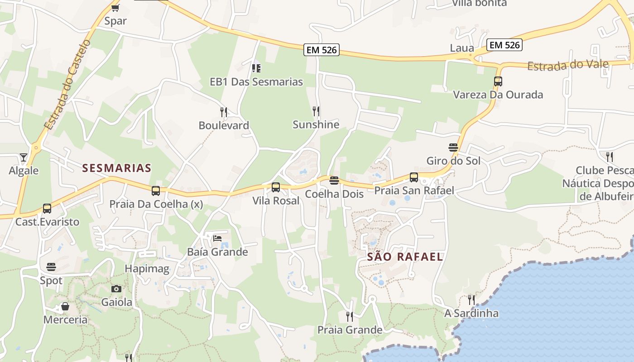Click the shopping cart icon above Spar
[x=115, y=8]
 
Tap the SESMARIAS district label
[x=117, y=168]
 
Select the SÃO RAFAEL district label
[x=405, y=257]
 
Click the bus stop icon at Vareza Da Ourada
[x=498, y=81]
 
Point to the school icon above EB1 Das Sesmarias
[x=256, y=68]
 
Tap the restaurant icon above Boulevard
[x=224, y=112]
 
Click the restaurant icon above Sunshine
[x=316, y=111]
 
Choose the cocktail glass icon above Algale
[x=24, y=157]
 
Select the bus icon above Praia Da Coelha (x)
[x=156, y=191]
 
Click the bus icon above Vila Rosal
[x=276, y=187]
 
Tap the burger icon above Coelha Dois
[x=334, y=181]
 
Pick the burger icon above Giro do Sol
[x=453, y=148]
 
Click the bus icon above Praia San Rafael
[x=414, y=177]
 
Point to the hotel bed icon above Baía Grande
[x=217, y=238]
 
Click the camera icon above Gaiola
[x=116, y=289]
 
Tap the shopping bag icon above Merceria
[x=65, y=306]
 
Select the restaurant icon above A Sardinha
[x=471, y=300]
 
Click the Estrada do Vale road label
[x=568, y=65]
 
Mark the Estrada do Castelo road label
[x=68, y=85]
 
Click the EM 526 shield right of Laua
[x=504, y=45]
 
